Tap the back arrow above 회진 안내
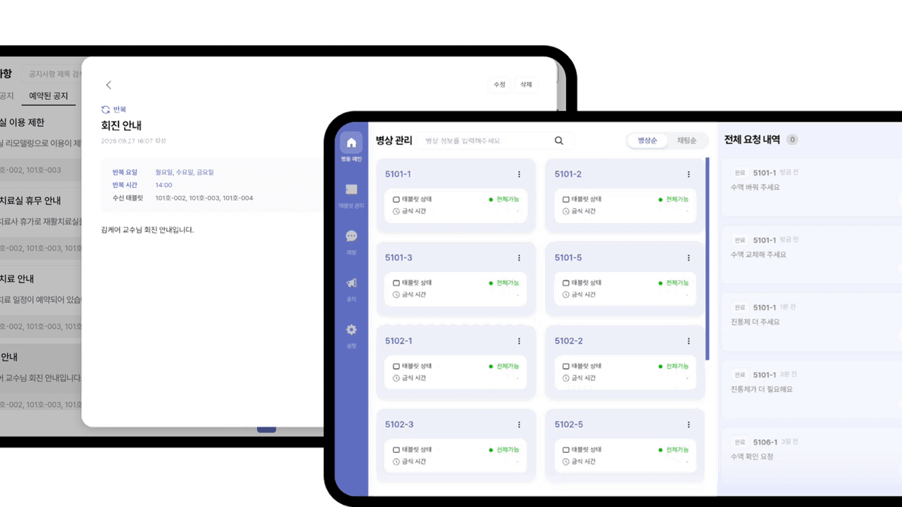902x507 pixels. (109, 85)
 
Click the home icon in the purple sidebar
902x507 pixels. (350, 143)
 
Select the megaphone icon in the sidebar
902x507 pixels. (351, 283)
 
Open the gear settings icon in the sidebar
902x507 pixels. (351, 330)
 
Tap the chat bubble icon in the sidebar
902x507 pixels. (351, 236)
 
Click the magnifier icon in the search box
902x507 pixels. (558, 140)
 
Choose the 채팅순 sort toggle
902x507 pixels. (687, 140)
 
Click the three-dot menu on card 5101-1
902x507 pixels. (519, 174)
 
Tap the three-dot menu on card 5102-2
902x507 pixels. (688, 341)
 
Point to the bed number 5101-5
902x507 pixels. (568, 258)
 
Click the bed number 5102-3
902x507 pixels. (398, 424)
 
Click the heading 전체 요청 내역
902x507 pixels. (752, 140)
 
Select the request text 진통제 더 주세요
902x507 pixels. (755, 322)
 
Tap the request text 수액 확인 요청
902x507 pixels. (752, 457)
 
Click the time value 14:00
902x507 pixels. (163, 185)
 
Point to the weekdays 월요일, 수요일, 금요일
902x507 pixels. (184, 172)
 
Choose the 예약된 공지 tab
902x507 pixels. (48, 96)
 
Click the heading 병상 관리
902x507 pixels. (393, 140)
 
